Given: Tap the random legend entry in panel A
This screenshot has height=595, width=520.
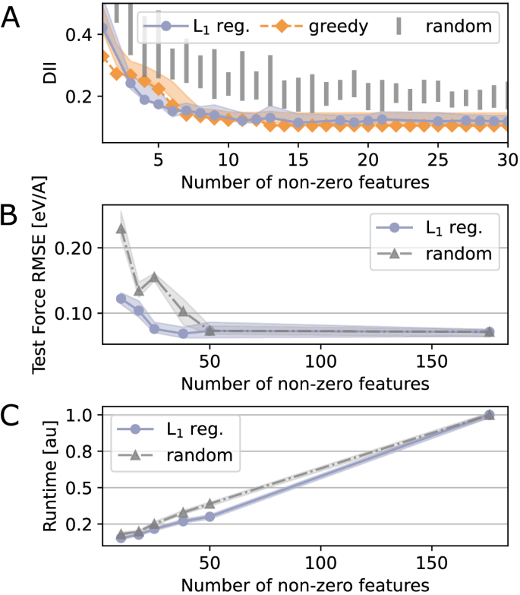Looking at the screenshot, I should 443,27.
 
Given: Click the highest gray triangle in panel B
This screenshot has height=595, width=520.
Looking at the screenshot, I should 121,228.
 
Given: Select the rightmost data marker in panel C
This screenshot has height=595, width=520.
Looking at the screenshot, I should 490,415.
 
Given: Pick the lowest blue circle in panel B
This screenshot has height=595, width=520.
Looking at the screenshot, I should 183,334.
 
